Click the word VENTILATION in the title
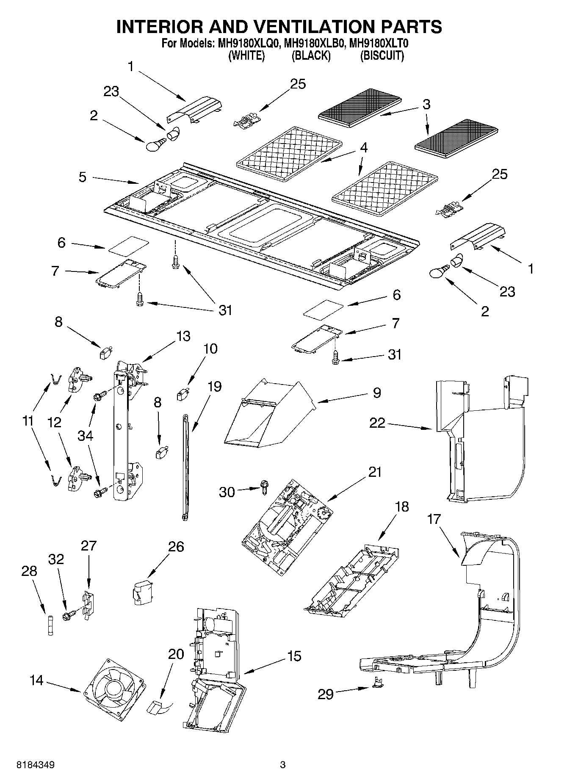tap(313, 27)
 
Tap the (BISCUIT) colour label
tap(382, 55)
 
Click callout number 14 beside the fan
tap(37, 680)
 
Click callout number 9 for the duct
tap(377, 393)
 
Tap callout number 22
tap(377, 423)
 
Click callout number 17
tap(434, 519)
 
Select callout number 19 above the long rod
tap(215, 386)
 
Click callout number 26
tap(176, 547)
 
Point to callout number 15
tap(294, 656)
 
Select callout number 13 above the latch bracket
tap(183, 336)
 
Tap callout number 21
tap(374, 472)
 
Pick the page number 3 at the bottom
tap(283, 765)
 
